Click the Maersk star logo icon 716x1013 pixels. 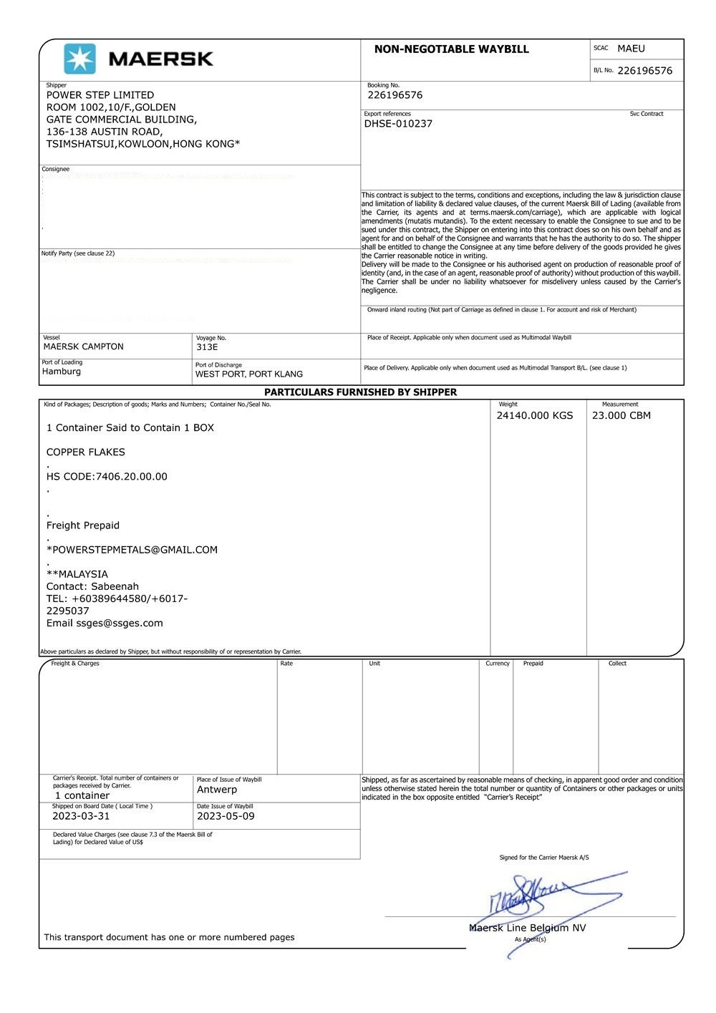tap(79, 59)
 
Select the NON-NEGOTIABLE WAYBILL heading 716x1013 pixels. tap(451, 49)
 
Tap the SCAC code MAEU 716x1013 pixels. tap(631, 49)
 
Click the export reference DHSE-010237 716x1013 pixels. tap(398, 124)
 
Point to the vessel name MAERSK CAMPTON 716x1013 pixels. tap(83, 346)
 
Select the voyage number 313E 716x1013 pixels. tap(207, 347)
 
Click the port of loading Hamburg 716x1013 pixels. tap(62, 372)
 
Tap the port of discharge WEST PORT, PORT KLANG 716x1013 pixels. tap(249, 374)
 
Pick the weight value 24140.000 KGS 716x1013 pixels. tap(535, 415)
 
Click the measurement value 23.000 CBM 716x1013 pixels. tap(621, 415)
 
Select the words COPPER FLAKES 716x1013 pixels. tap(86, 452)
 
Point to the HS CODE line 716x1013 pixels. tap(107, 477)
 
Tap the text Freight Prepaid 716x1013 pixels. tap(83, 525)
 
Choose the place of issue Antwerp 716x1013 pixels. tap(217, 790)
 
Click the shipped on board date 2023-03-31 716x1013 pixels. tap(81, 816)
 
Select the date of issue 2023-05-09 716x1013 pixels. tap(226, 816)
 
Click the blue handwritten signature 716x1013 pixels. tap(544, 898)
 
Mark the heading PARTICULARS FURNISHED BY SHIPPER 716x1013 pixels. tap(360, 392)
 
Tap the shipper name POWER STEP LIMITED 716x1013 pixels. tap(100, 95)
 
